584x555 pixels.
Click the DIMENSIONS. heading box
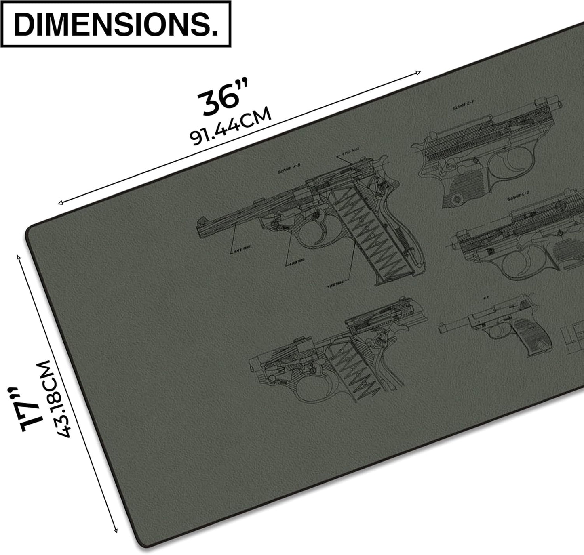116,24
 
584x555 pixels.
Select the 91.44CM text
231,126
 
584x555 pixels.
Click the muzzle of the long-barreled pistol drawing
200,221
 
